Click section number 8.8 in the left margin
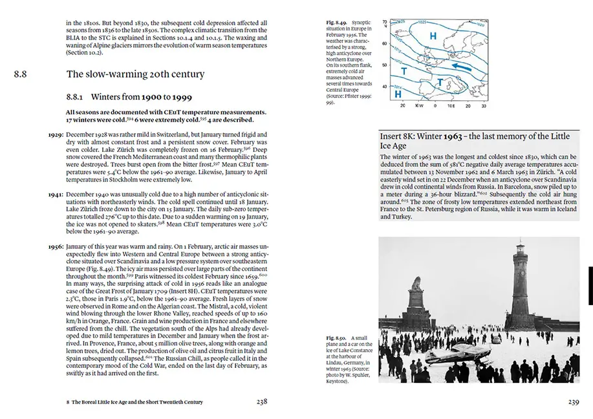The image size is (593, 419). [x=20, y=74]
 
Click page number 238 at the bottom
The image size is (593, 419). [x=261, y=402]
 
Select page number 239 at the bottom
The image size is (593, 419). [x=573, y=402]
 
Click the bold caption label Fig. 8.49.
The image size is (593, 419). [x=338, y=23]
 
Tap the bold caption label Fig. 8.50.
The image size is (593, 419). [x=338, y=338]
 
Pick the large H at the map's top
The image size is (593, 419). [x=433, y=36]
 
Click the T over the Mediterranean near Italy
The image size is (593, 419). [x=440, y=82]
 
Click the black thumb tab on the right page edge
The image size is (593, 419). [x=590, y=285]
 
